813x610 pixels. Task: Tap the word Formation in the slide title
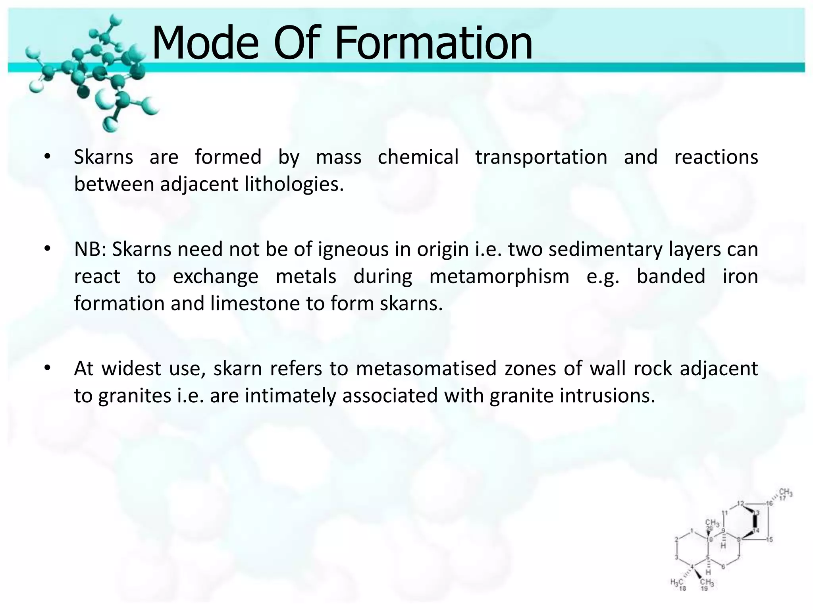(x=433, y=43)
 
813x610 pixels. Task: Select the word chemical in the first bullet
(x=418, y=157)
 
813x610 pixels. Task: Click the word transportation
(x=541, y=157)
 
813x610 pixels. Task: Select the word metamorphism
(x=499, y=277)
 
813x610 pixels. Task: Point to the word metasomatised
(x=426, y=369)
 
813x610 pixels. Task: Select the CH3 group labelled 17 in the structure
(x=786, y=494)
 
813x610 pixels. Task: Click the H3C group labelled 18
(x=676, y=583)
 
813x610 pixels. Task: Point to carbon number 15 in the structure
(x=769, y=539)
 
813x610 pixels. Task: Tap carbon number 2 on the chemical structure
(x=676, y=539)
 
